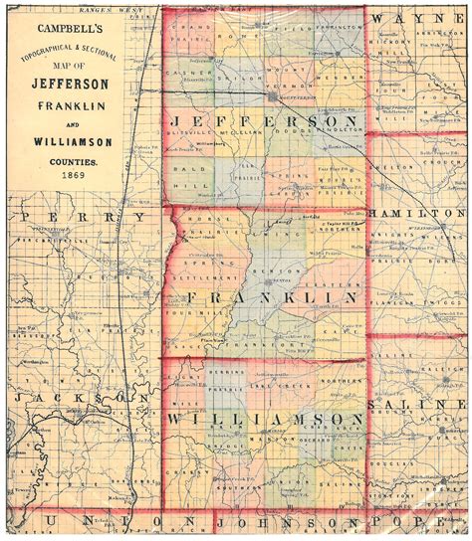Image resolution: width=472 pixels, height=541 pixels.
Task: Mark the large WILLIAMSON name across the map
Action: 267,420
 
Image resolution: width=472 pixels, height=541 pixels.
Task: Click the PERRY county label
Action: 84,216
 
